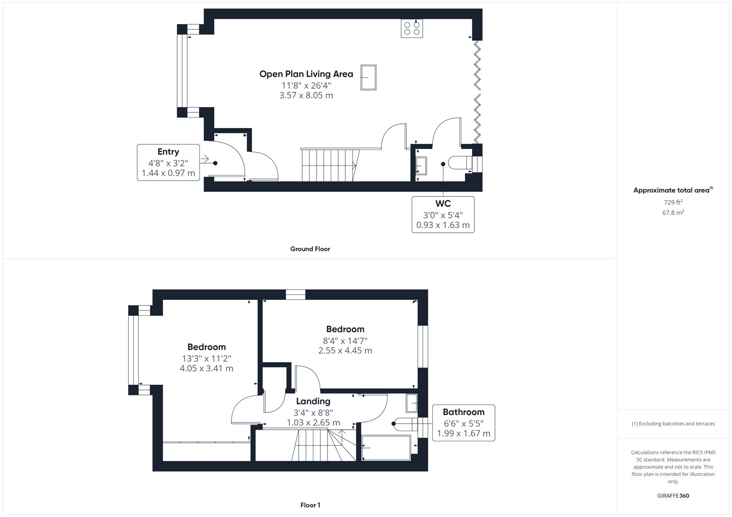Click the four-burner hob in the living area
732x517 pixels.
click(412, 28)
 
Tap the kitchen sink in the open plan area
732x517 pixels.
click(368, 77)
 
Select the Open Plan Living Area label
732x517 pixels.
click(306, 74)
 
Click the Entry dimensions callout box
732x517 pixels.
click(168, 162)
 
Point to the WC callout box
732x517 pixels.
click(443, 214)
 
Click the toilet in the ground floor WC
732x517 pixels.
click(460, 163)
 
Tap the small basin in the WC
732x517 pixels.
click(421, 166)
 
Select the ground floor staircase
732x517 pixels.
click(329, 165)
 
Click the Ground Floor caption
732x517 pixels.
click(310, 249)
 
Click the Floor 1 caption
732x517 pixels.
click(310, 505)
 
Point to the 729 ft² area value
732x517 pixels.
click(673, 202)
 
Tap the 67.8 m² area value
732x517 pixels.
click(673, 213)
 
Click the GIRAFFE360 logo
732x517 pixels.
click(673, 496)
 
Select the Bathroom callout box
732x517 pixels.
click(463, 423)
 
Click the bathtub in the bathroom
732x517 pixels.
click(386, 448)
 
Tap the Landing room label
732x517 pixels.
click(313, 401)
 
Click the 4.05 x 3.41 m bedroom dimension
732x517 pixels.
click(206, 368)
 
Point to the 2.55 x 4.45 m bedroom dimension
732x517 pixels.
click(345, 351)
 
